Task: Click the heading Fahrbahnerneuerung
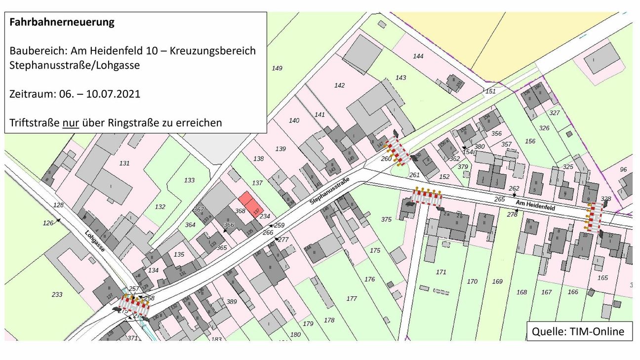point(62,22)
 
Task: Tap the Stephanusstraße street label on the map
point(329,192)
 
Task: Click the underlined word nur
point(71,122)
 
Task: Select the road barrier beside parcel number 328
point(594,217)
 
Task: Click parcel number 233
point(57,294)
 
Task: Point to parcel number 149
point(277,68)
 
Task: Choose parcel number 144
point(418,56)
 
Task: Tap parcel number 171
point(441,272)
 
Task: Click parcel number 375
point(387,219)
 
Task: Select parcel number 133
point(189,180)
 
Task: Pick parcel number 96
point(623,169)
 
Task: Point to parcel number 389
point(231,301)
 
